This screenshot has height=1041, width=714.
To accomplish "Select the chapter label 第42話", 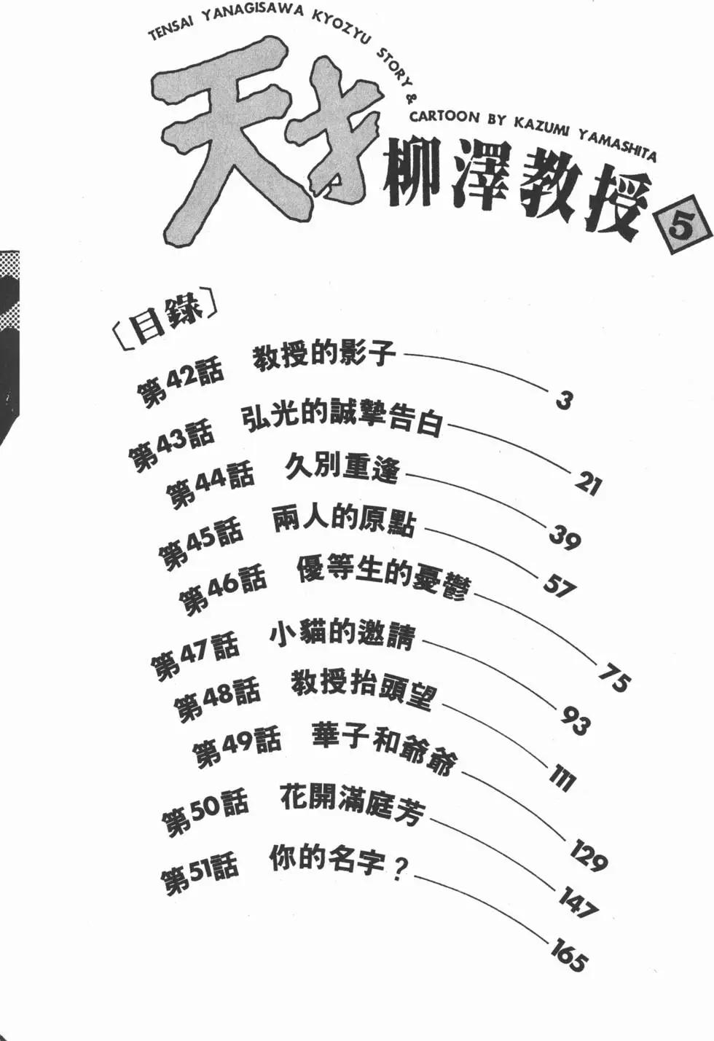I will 180,382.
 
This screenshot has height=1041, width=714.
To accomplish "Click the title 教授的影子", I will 324,355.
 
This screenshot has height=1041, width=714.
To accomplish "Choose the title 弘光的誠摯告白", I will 342,418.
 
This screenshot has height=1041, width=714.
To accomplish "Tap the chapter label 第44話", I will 210,482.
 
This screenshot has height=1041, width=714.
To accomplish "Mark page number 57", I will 559,585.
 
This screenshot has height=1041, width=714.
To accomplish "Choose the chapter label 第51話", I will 199,872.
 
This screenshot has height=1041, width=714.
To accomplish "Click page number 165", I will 568,954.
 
